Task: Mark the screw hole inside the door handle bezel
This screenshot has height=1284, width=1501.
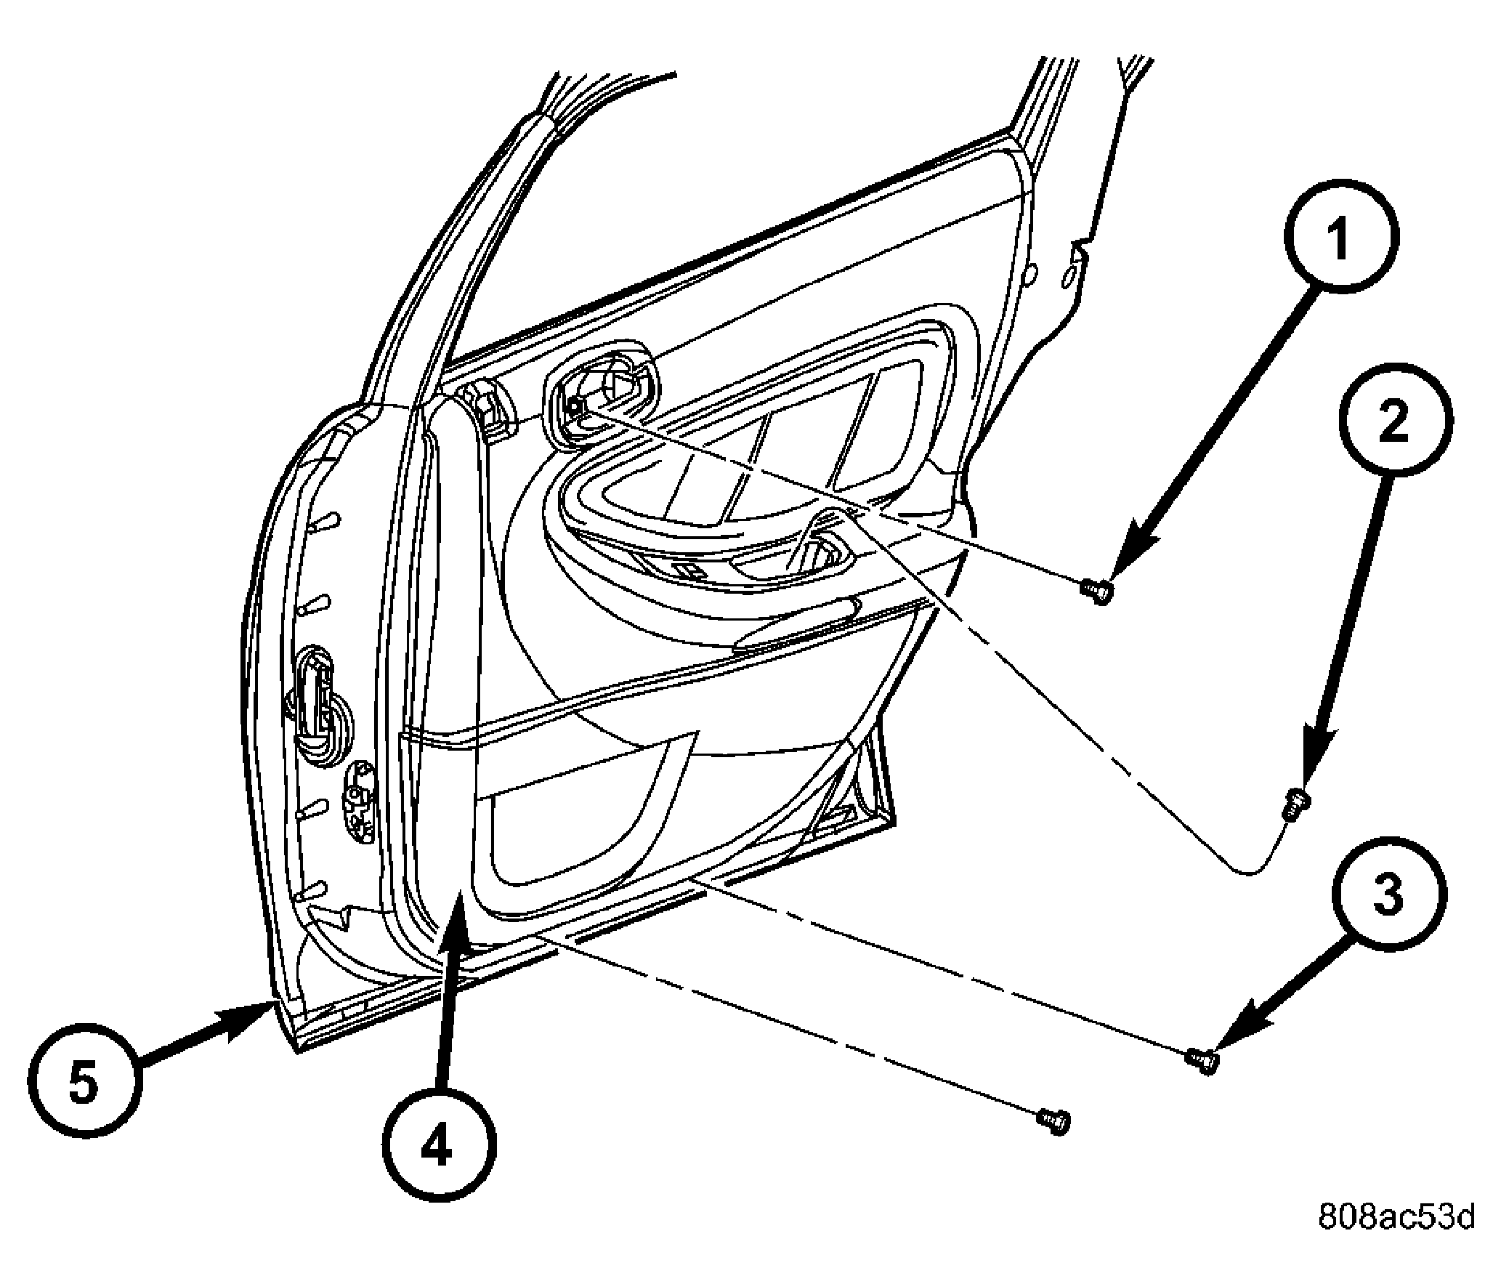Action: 575,407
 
